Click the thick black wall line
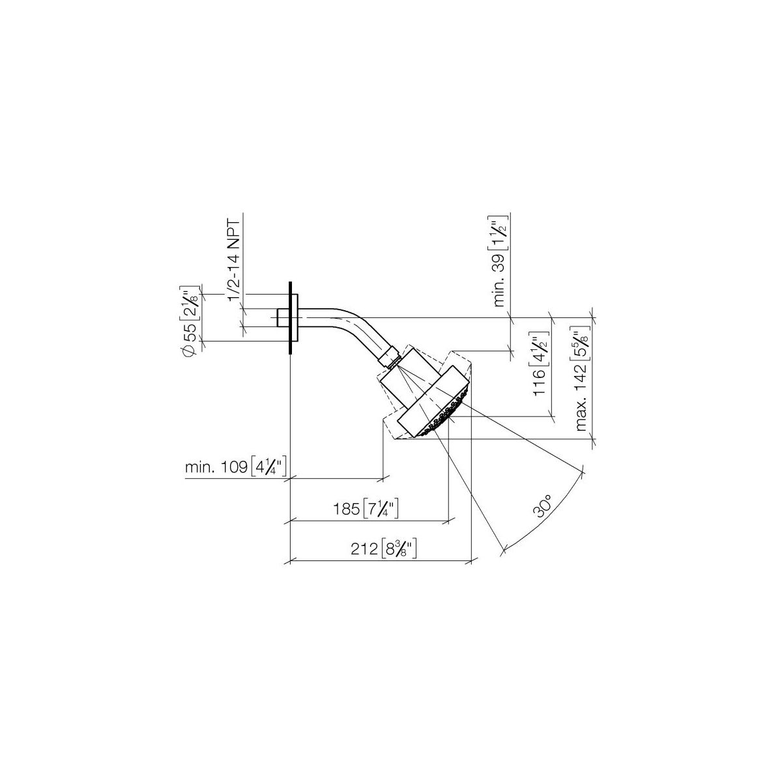pyautogui.click(x=290, y=318)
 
